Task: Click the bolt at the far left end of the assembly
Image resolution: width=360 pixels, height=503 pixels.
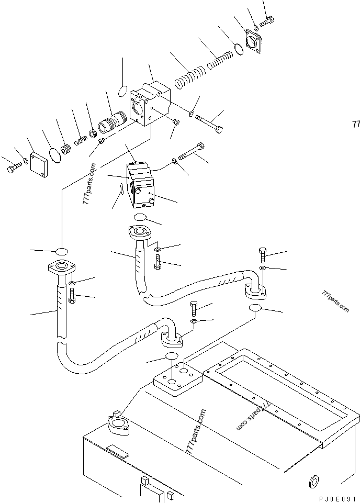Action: (x=13, y=169)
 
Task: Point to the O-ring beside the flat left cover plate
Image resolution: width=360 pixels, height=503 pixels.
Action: (x=54, y=154)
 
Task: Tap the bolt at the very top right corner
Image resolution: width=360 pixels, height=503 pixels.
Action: (x=267, y=21)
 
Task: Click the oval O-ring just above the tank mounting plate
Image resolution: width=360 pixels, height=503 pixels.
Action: (x=172, y=357)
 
